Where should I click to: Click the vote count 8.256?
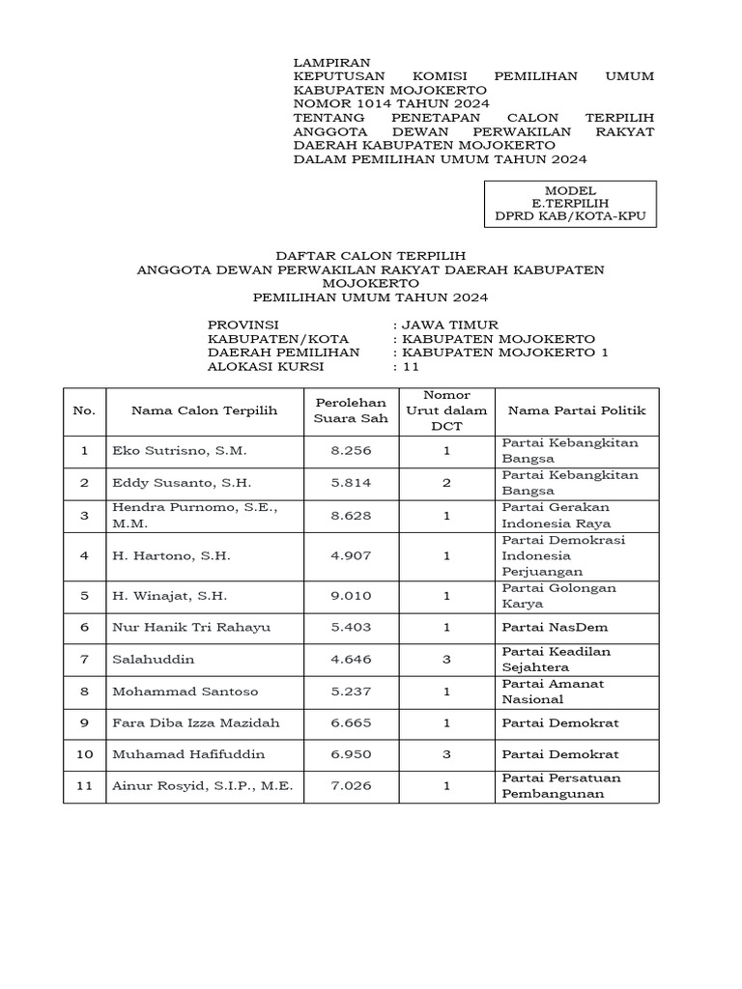352,451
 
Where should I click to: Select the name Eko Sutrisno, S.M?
180,451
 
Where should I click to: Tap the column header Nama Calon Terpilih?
204,410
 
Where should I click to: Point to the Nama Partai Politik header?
577,410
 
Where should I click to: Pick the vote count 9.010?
352,596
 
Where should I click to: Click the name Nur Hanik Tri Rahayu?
191,628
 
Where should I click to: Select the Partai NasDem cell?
554,628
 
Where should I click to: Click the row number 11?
85,786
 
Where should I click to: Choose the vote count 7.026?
352,786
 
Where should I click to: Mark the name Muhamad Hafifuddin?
188,754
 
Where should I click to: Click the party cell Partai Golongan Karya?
559,596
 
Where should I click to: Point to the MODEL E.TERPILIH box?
570,205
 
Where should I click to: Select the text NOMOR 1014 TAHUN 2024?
391,103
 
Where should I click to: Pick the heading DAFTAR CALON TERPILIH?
371,256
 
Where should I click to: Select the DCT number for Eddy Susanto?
446,482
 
